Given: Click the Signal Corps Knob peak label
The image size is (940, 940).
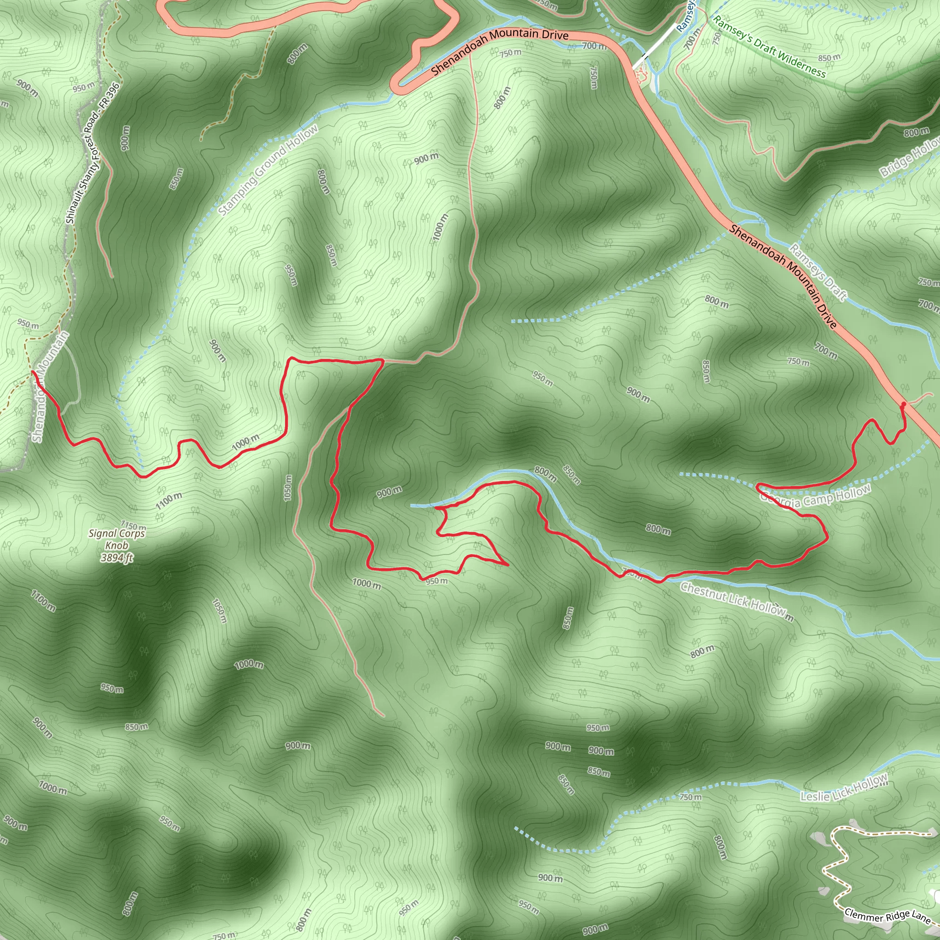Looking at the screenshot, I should click(117, 539).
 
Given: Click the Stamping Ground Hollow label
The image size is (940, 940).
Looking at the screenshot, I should click(268, 170).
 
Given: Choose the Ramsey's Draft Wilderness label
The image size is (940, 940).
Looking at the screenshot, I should click(769, 47).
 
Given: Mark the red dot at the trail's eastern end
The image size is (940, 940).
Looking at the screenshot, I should click(903, 404).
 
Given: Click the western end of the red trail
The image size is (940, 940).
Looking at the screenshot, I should click(33, 372).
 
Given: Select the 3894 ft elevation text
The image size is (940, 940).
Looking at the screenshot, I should click(117, 558).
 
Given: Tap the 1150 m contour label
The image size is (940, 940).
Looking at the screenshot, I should click(133, 526).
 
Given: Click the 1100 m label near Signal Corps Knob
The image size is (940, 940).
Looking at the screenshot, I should click(169, 501).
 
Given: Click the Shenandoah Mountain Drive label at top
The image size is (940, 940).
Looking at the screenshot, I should click(500, 50).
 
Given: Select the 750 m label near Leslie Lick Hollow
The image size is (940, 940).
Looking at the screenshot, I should click(690, 797).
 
